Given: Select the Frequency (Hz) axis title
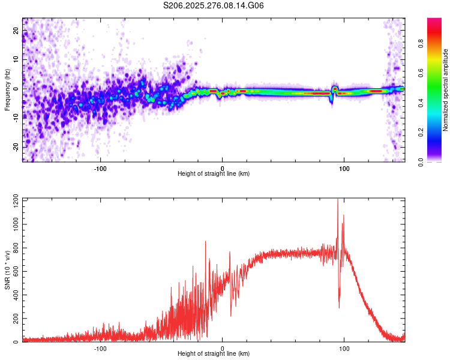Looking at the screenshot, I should point(7,89).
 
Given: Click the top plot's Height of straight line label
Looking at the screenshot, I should point(214,174).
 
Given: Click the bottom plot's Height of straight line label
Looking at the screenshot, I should point(214,354).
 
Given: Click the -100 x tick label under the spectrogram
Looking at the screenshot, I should point(100,168).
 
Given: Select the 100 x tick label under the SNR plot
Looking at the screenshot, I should point(344,348).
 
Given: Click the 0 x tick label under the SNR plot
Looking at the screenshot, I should point(223,348).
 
